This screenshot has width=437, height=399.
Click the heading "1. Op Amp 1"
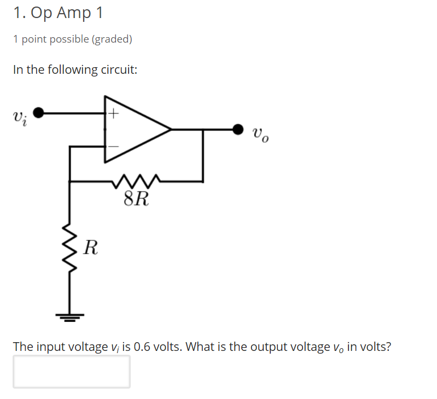pos(58,13)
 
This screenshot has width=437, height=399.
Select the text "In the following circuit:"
pos(75,70)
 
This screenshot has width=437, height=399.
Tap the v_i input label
pos(18,117)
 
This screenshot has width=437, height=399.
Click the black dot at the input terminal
pos(38,113)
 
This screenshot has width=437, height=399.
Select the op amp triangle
pos(134,130)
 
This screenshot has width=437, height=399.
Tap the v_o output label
pos(260,134)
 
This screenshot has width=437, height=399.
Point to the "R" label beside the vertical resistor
pos(91,249)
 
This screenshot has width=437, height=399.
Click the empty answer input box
pos(72,372)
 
